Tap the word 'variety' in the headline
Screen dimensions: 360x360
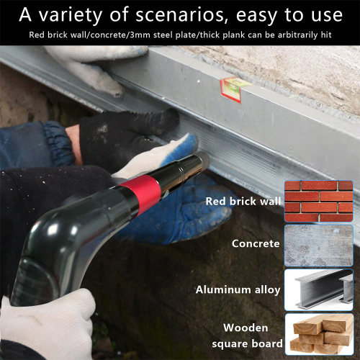71,15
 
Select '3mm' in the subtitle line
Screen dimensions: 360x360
140,35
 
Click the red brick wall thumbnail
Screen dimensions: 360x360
319,201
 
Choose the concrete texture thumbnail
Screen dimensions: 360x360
319,246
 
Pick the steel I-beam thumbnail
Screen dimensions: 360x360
319,290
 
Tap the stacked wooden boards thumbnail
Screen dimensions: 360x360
319,334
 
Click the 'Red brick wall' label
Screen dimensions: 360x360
243,201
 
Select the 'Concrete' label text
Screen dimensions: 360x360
256,243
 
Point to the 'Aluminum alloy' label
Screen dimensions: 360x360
238,289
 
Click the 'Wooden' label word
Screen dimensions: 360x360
246,328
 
